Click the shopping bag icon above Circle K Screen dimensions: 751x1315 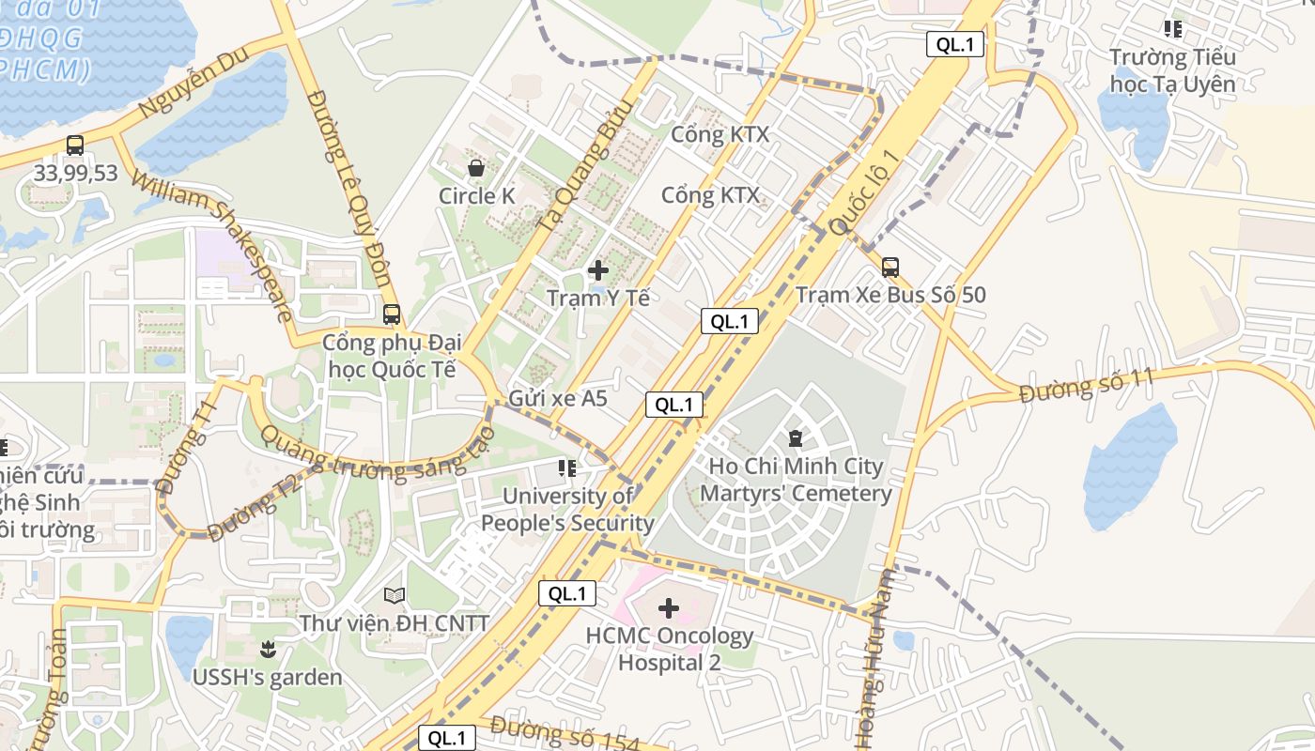coord(476,168)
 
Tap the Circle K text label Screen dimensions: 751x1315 coord(476,196)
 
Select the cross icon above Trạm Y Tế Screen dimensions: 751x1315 coord(597,270)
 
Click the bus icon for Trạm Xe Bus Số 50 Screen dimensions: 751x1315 coord(890,267)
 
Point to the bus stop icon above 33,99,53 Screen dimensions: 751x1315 coord(75,146)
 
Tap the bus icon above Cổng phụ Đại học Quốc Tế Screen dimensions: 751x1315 coord(392,314)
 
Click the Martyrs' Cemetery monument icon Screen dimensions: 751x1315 coord(796,437)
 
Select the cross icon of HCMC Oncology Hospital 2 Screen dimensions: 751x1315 coord(668,608)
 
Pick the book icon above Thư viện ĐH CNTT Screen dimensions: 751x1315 coord(394,595)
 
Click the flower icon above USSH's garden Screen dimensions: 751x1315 coord(268,649)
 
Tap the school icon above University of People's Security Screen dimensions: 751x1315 coord(567,467)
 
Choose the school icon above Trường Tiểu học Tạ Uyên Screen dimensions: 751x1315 coord(1172,29)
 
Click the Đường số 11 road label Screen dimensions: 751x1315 coord(1086,388)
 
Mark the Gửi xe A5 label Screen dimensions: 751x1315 coord(557,398)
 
